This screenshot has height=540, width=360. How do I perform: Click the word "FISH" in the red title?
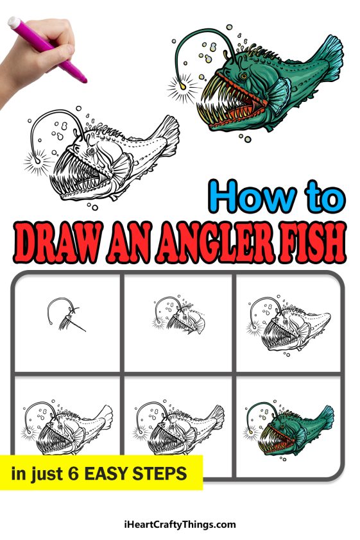click(x=308, y=244)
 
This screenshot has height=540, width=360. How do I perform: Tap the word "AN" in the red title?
click(x=123, y=244)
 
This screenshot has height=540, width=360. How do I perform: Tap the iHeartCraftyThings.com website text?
click(x=180, y=524)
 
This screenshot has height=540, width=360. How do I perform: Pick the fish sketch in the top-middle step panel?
click(x=177, y=316)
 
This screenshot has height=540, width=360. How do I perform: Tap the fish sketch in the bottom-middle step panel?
click(x=180, y=426)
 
